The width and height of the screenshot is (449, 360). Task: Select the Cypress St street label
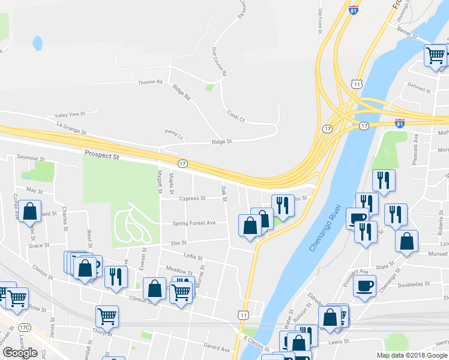(x=192, y=198)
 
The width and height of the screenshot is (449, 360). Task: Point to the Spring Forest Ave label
(x=194, y=223)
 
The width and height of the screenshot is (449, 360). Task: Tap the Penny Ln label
(x=173, y=132)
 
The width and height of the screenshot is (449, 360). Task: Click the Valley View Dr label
(x=70, y=114)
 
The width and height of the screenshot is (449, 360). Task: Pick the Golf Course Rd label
(x=219, y=62)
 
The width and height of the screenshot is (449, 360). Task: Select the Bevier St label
(x=407, y=32)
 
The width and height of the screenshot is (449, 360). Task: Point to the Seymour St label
(x=31, y=158)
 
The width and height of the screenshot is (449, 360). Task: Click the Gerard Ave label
(x=217, y=348)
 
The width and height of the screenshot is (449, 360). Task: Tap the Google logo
(x=20, y=353)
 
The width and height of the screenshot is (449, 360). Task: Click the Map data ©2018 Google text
(x=411, y=355)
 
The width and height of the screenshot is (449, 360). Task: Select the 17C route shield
(x=25, y=328)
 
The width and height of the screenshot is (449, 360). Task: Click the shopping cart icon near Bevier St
(x=436, y=56)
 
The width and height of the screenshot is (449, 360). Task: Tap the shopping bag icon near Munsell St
(x=406, y=241)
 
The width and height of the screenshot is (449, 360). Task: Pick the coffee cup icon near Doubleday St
(x=364, y=286)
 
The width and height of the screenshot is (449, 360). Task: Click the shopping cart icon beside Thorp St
(x=107, y=316)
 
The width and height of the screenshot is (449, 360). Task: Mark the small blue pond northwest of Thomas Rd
(x=38, y=43)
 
